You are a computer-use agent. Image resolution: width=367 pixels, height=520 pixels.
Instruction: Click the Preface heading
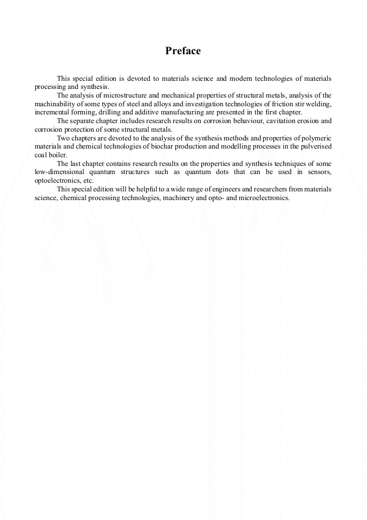[x=183, y=51]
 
